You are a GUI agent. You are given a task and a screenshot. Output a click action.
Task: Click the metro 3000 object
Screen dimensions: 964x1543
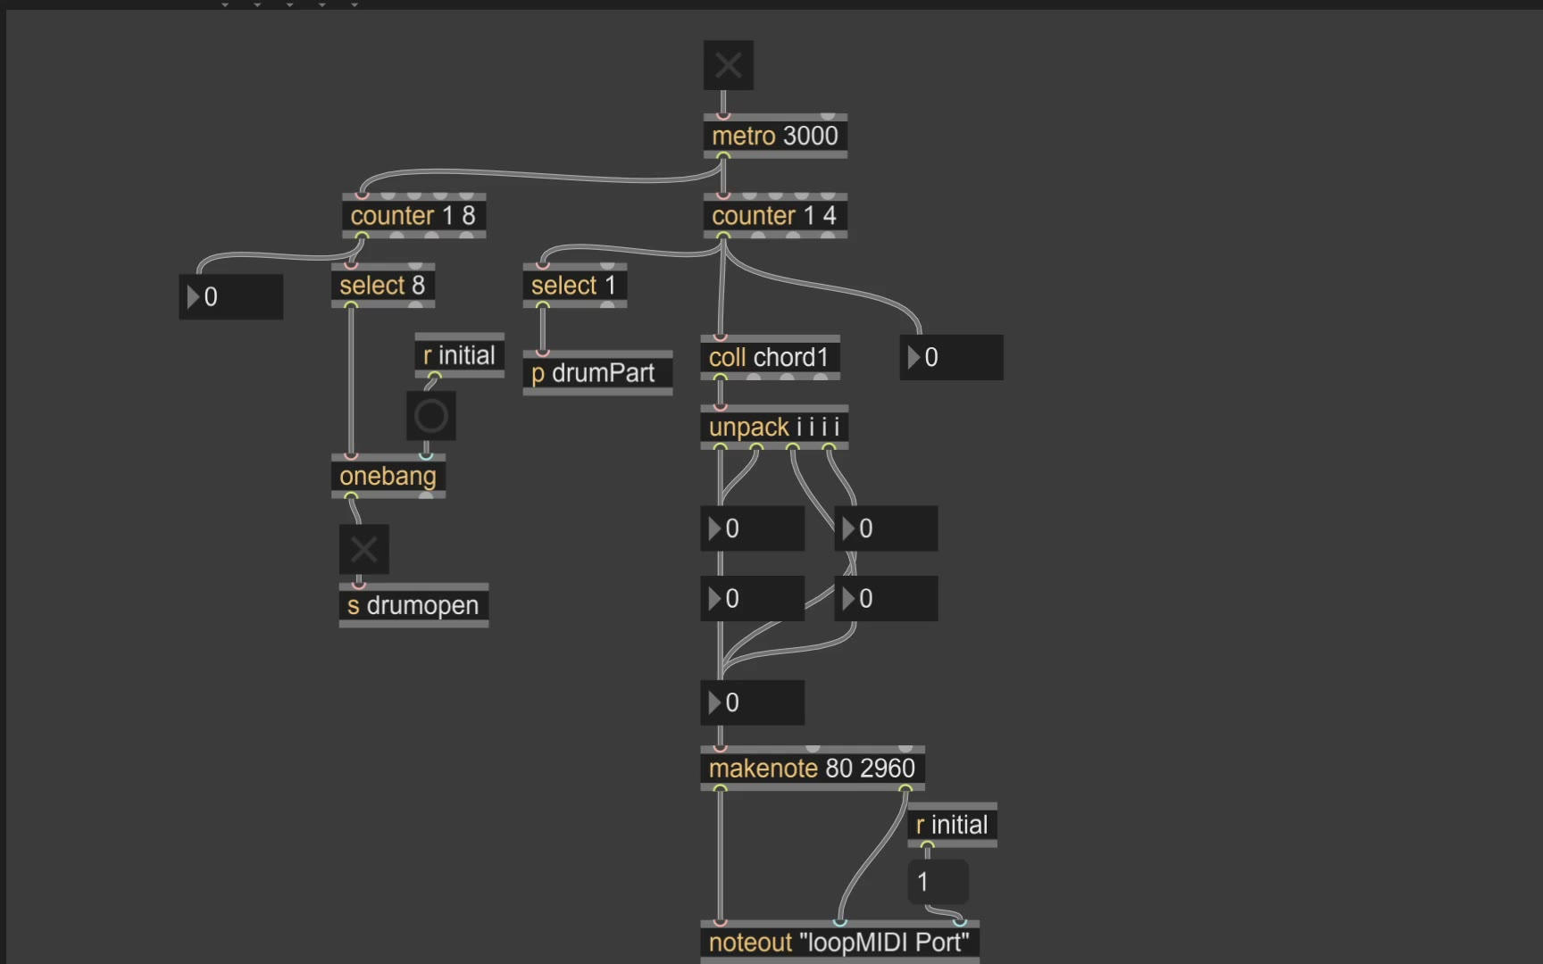[x=774, y=136]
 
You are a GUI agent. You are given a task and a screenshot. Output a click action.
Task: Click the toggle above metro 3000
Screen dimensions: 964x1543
[x=728, y=65]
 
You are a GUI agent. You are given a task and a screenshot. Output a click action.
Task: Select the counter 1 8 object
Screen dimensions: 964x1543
[x=413, y=215]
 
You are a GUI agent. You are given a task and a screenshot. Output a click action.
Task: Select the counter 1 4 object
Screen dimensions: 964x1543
[x=774, y=215]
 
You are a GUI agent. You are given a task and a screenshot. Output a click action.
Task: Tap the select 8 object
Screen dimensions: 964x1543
[x=382, y=286]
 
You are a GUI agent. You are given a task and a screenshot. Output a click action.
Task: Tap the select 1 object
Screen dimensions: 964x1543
[x=574, y=286]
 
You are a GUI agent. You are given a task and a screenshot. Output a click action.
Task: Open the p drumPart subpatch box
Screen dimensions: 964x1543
[x=596, y=373]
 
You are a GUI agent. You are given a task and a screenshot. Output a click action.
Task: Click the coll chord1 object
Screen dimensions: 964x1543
[x=769, y=357]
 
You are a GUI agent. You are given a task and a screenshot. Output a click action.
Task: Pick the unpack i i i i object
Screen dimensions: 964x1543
[x=773, y=427]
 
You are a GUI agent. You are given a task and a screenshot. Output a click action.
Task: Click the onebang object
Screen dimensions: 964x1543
[x=388, y=476]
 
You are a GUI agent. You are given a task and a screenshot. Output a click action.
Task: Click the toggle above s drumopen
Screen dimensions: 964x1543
[x=363, y=549]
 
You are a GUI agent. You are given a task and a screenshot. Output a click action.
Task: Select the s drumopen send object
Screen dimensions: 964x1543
[x=413, y=605]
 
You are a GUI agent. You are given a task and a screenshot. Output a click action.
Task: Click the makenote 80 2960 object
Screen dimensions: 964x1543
[x=812, y=768]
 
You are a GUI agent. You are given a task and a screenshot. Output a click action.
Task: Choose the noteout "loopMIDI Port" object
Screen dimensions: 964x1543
[x=838, y=943]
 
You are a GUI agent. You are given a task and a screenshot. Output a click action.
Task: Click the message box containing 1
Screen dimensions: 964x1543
[x=938, y=882]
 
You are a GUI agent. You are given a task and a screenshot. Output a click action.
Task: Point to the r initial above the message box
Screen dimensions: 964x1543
[x=952, y=825]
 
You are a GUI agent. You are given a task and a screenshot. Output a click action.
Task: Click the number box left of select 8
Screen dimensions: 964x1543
[x=231, y=297]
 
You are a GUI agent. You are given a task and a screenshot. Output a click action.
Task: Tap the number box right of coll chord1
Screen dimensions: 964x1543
[x=951, y=358]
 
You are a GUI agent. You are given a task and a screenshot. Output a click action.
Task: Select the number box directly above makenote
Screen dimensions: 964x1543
[x=752, y=703]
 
